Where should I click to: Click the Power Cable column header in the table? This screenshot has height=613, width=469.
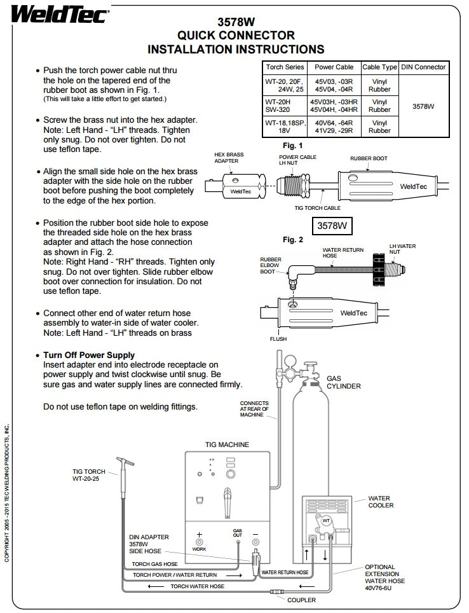(x=334, y=67)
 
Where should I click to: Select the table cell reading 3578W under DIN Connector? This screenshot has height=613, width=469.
(x=423, y=106)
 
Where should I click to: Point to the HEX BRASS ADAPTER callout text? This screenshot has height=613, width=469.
(x=229, y=158)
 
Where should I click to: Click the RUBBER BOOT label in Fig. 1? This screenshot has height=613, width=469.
(x=369, y=158)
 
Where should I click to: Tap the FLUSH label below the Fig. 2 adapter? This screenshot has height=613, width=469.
(x=278, y=339)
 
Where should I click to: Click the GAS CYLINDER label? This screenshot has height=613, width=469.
(x=343, y=382)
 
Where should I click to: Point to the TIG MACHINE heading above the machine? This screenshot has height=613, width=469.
(x=227, y=444)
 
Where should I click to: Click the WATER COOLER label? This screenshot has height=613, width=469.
(x=381, y=502)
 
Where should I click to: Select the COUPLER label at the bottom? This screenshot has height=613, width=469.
(x=301, y=600)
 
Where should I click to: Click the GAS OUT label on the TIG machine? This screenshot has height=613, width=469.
(x=238, y=533)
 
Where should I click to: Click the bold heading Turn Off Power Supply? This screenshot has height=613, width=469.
(x=89, y=355)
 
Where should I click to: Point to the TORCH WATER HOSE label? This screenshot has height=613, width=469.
(x=197, y=586)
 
